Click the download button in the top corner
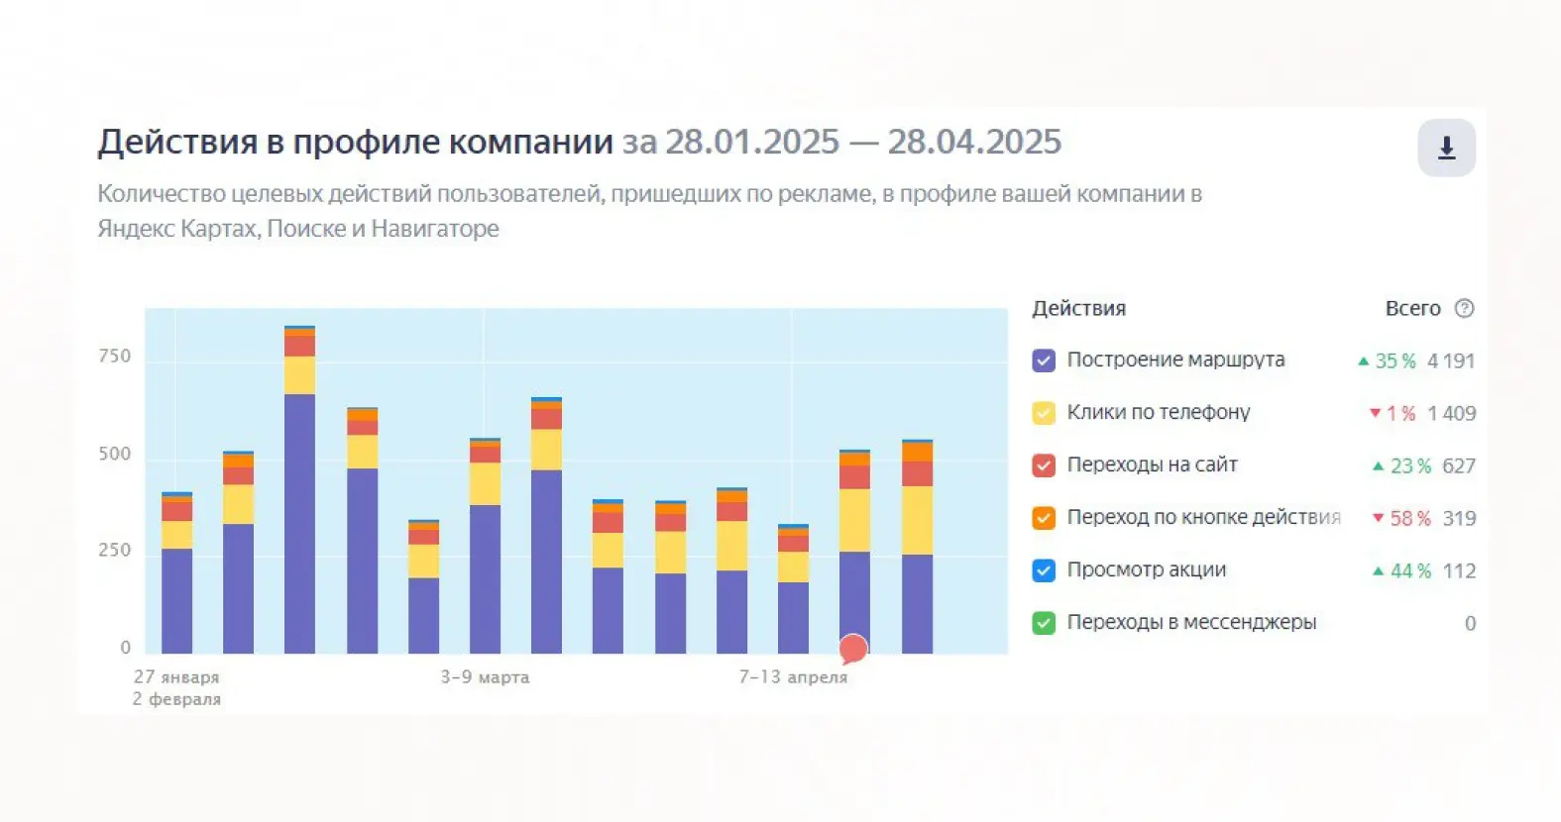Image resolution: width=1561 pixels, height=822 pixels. (1446, 148)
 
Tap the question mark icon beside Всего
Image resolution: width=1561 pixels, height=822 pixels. (1464, 308)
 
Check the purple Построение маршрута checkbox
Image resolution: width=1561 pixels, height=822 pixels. (1044, 360)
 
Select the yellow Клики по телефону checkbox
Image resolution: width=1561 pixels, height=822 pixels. (1044, 413)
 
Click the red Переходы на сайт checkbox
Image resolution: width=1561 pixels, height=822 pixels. (1044, 465)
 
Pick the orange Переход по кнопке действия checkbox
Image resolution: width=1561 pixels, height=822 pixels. (1044, 518)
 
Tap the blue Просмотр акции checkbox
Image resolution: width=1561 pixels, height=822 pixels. (1044, 570)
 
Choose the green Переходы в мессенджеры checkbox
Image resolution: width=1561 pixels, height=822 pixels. (1044, 623)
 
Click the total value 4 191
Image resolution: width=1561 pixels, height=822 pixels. (1451, 361)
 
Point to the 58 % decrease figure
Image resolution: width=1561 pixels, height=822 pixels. (1409, 518)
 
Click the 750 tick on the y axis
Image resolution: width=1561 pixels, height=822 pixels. (114, 357)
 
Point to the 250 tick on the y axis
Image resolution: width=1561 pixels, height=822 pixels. (114, 551)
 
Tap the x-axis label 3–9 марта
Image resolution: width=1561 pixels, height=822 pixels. (485, 677)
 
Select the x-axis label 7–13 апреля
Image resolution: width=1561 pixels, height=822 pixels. (793, 677)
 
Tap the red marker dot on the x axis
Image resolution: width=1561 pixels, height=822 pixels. (853, 649)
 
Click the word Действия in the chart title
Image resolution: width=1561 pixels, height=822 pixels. (177, 143)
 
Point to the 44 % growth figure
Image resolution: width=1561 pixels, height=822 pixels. (1409, 571)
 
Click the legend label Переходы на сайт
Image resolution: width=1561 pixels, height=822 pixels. (1152, 464)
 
